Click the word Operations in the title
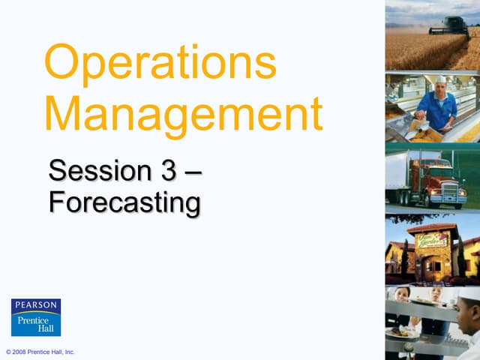pos(160,65)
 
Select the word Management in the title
pos(184,116)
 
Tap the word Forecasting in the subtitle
pos(124,202)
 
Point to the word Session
pos(98,171)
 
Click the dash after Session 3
pos(193,172)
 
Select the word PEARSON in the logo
pos(36,306)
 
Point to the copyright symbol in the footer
pos(8,352)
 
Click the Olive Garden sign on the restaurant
pos(433,241)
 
